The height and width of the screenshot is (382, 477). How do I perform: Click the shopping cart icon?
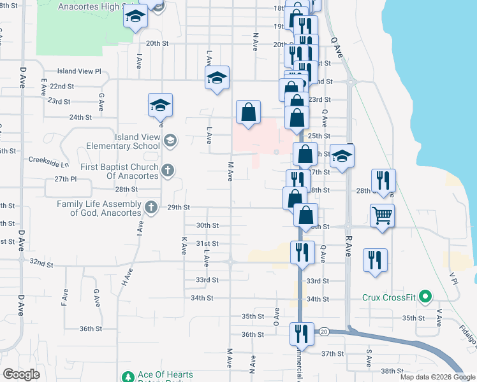click(x=382, y=215)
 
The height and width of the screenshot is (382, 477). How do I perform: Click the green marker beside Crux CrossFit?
click(x=427, y=297)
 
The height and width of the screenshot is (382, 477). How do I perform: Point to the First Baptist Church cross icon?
click(x=168, y=170)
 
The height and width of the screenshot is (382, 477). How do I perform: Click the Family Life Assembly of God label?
click(x=99, y=208)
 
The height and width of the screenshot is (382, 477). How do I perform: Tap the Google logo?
click(x=21, y=374)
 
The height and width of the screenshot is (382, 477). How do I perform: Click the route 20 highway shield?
click(x=323, y=331)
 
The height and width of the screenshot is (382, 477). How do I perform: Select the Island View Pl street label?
click(x=79, y=71)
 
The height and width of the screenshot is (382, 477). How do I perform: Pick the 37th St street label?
click(x=332, y=353)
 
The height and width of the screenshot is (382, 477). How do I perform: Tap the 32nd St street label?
click(x=40, y=262)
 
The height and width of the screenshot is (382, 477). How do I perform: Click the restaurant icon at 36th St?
click(x=302, y=333)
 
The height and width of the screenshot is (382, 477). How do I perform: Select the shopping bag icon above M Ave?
click(x=249, y=112)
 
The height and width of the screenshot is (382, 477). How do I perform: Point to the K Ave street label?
click(x=184, y=246)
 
